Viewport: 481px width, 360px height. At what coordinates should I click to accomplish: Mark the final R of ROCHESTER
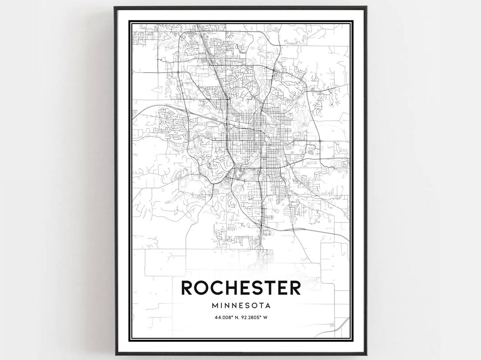point(294,288)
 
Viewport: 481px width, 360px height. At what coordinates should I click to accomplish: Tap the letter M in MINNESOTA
point(216,306)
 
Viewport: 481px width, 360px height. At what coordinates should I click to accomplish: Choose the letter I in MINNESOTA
point(223,306)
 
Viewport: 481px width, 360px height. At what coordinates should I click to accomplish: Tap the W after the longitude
point(265,317)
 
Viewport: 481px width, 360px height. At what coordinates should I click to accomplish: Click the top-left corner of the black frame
point(115,7)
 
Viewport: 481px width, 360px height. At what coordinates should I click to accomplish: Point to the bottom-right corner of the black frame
point(366,354)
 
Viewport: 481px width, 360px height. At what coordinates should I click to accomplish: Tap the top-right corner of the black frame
point(366,7)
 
